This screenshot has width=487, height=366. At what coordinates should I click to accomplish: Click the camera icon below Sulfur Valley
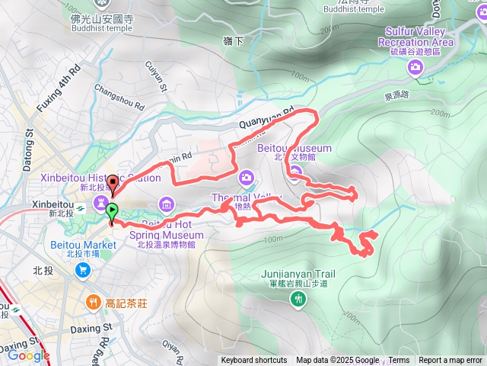click(x=415, y=67)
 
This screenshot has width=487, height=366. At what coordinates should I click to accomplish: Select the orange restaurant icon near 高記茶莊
click(x=93, y=301)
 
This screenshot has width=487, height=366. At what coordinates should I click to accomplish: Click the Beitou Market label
click(x=91, y=245)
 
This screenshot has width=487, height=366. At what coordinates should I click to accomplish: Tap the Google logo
click(x=29, y=355)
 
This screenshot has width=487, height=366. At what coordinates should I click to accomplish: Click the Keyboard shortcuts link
click(x=254, y=361)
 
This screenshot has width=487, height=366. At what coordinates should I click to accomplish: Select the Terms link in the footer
click(x=399, y=361)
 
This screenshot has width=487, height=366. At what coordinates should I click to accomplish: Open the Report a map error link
click(x=450, y=361)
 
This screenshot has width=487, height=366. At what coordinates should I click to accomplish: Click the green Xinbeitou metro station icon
click(x=78, y=205)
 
